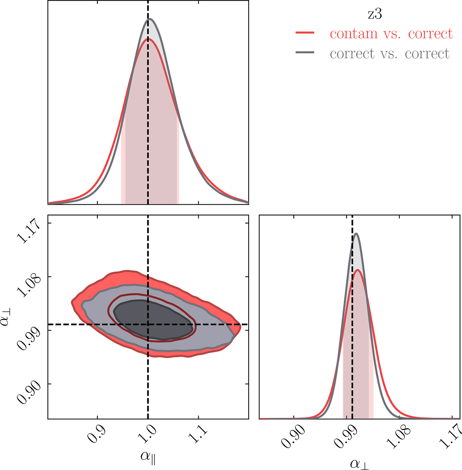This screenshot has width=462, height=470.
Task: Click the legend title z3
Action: (374, 14)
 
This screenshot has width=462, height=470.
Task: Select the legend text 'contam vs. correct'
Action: (391, 34)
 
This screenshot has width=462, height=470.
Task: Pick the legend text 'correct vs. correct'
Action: (390, 53)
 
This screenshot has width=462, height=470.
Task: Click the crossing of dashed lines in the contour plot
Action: (148, 325)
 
